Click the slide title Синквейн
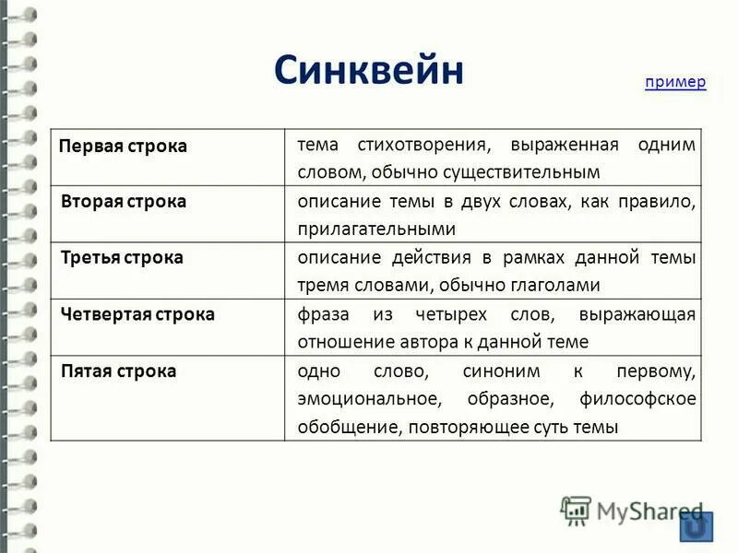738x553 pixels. coord(368,71)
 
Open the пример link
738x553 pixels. coord(675,82)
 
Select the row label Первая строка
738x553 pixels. coord(123,147)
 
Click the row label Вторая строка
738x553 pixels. coord(124,202)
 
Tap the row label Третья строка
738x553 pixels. coord(122,258)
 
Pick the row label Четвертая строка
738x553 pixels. coord(137,314)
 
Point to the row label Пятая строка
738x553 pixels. coord(118,371)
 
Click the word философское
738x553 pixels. coord(638,399)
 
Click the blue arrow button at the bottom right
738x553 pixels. coord(696,527)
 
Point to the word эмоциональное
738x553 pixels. coord(365,399)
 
